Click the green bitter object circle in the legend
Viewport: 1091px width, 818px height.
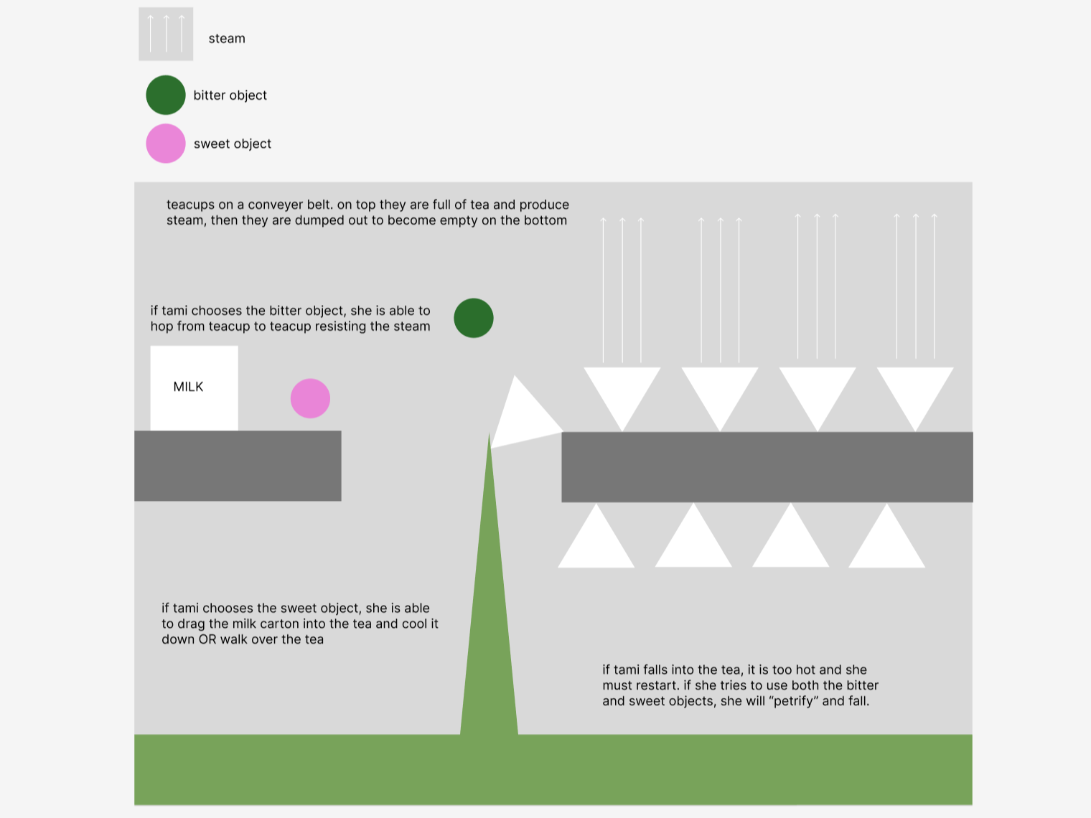tap(166, 95)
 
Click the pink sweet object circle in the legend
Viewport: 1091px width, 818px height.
tap(166, 144)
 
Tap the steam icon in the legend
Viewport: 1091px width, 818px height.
tap(166, 34)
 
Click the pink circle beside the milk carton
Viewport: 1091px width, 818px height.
tap(310, 399)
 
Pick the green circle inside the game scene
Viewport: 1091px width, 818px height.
tap(474, 318)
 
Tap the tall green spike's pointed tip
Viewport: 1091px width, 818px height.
tap(490, 439)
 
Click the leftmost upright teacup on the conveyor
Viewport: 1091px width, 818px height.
tap(622, 391)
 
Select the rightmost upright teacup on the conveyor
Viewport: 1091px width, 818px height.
tap(915, 391)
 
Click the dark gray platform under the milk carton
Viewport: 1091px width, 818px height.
tap(238, 466)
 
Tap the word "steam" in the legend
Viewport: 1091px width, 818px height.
tap(227, 39)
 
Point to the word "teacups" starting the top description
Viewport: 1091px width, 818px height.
tap(190, 204)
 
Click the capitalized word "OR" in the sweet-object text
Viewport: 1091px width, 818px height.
tap(207, 639)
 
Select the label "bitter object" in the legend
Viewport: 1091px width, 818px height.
tap(230, 95)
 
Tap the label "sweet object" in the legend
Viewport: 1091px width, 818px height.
tap(233, 144)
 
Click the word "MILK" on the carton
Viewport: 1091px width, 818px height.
tap(188, 387)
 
